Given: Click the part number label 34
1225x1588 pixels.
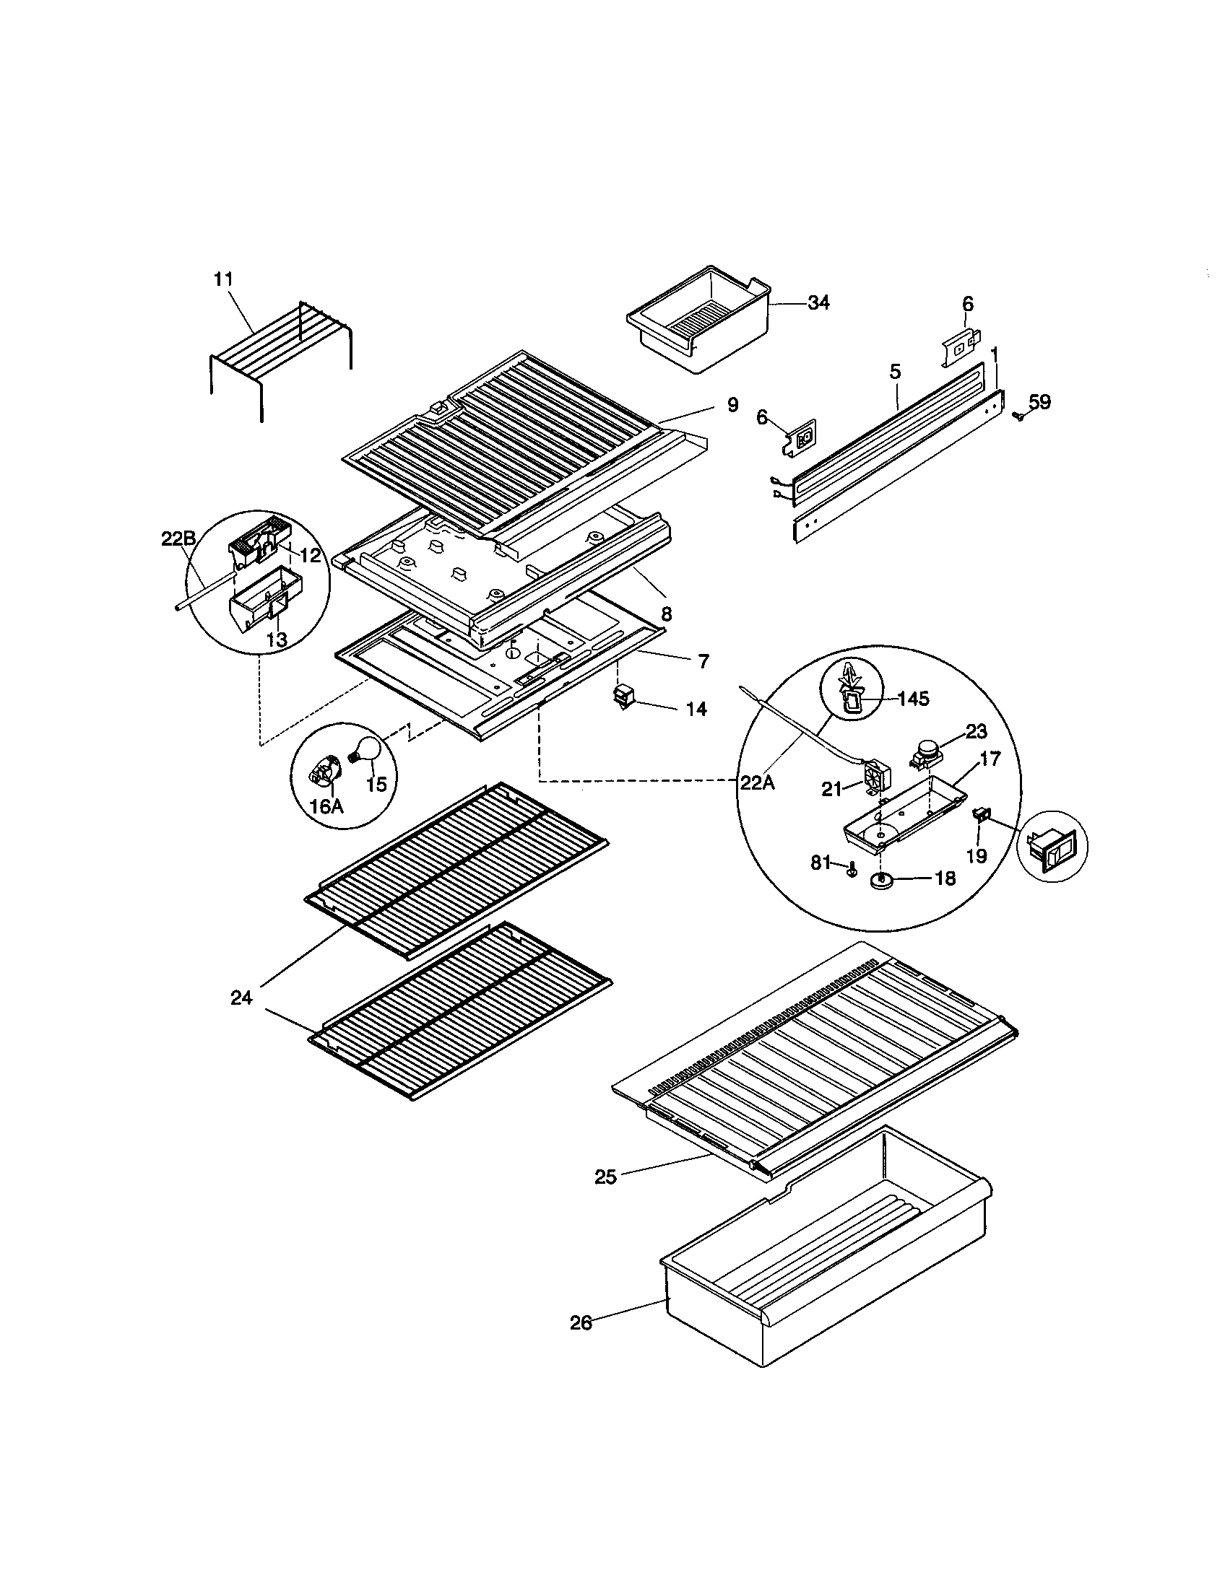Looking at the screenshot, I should (x=818, y=303).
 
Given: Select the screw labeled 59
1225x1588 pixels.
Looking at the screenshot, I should (x=1018, y=416).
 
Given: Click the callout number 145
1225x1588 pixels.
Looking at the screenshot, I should (x=913, y=699).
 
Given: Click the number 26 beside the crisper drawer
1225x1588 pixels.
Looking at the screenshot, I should (x=581, y=1323).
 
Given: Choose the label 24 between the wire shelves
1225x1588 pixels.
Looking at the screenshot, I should (x=241, y=998).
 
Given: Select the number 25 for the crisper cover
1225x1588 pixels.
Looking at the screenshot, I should (x=605, y=1177).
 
